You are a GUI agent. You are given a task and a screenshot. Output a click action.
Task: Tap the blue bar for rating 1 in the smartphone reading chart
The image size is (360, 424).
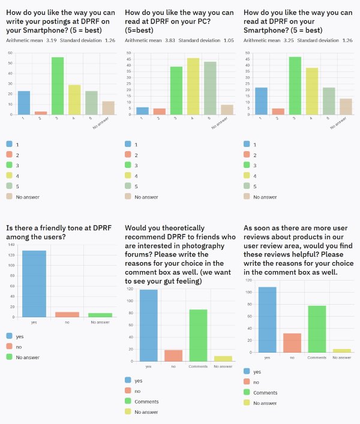tap(262, 101)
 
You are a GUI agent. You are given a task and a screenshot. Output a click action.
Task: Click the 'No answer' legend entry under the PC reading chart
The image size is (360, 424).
tap(146, 197)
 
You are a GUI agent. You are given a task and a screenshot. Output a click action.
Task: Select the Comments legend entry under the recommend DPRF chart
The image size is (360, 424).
tap(146, 401)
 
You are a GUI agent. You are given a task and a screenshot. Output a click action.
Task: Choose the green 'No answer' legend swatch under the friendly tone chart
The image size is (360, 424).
tap(10, 357)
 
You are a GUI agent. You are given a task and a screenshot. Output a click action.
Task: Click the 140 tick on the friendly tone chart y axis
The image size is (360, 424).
tap(11, 245)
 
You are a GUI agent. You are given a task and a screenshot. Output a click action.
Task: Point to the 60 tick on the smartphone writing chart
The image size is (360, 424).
tap(10, 53)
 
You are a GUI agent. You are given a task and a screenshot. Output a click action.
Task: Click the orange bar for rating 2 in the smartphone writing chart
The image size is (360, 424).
tap(41, 113)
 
